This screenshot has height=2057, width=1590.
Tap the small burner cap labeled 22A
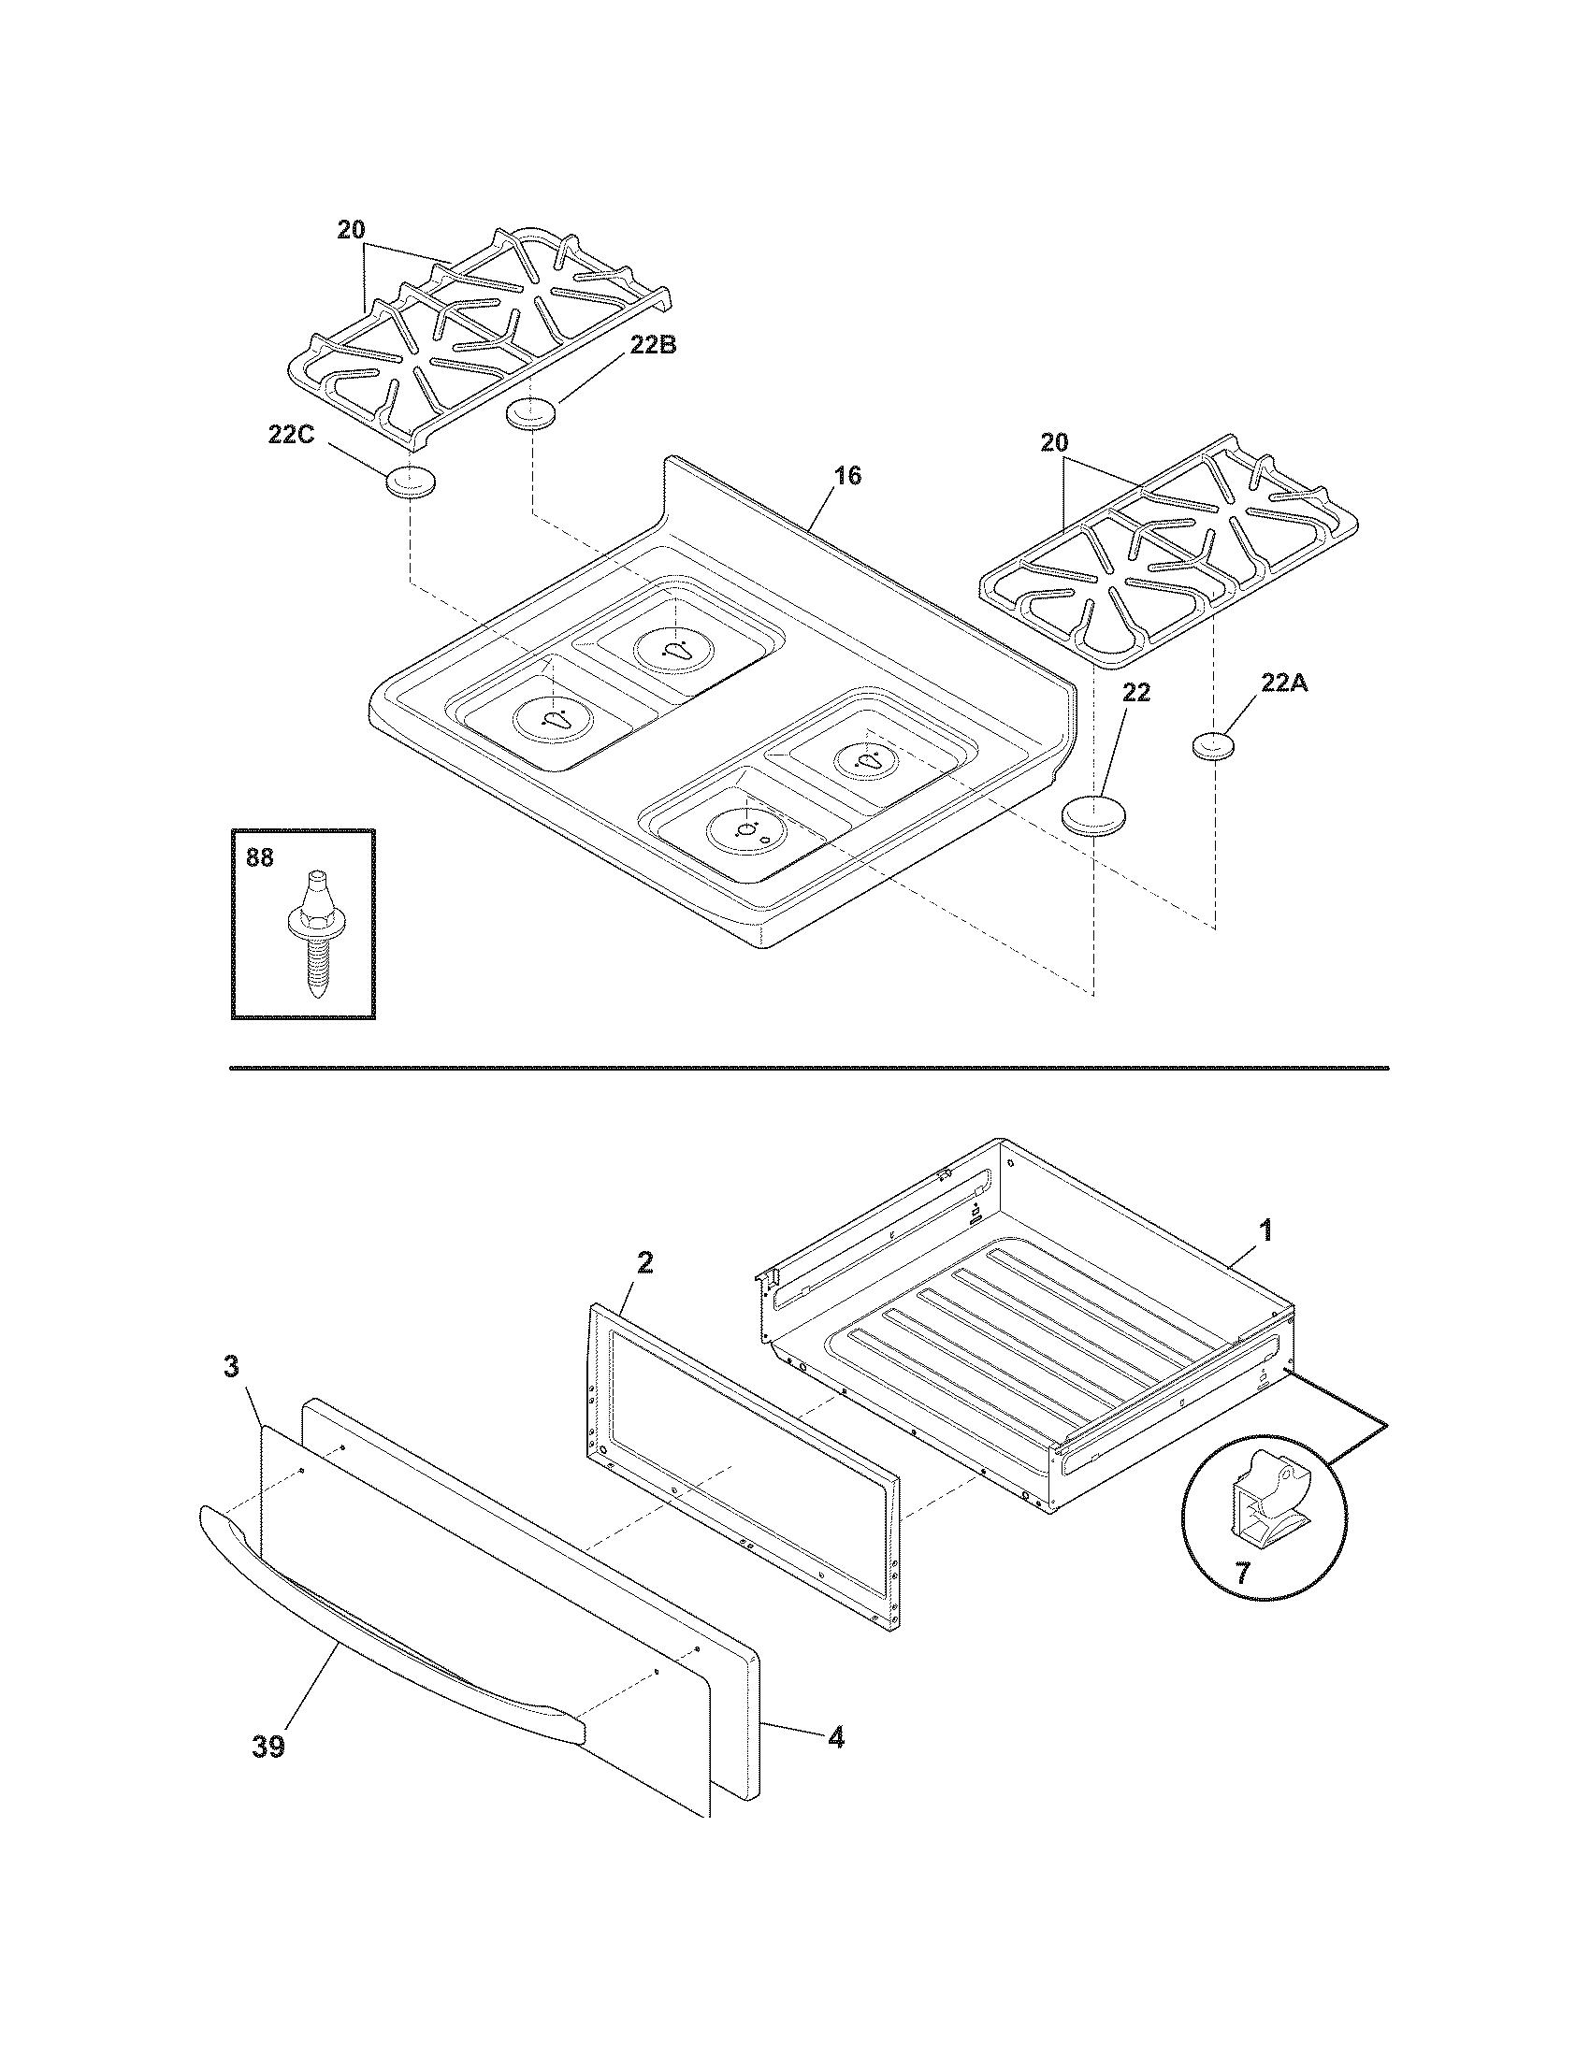click(1213, 746)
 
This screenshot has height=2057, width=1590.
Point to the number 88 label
click(260, 858)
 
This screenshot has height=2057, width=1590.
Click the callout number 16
click(847, 476)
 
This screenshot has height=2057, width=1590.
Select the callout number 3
click(231, 1367)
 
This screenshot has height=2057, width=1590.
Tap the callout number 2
click(643, 1263)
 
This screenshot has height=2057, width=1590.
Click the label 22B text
click(653, 345)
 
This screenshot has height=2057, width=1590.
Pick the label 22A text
click(1285, 683)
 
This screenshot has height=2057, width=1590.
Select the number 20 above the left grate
click(353, 230)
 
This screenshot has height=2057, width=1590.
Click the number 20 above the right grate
click(1054, 442)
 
